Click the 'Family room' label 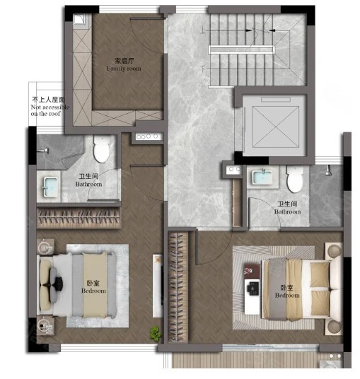click(124, 69)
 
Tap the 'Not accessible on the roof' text click(50, 110)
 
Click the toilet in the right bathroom click(294, 179)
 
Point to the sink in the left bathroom click(50, 187)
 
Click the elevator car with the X click(275, 127)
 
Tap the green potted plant click(156, 334)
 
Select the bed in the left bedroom click(77, 285)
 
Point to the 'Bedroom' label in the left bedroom click(93, 291)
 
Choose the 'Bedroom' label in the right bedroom click(287, 296)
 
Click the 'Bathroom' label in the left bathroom click(88, 184)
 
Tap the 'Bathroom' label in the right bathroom click(287, 212)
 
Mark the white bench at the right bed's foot click(252, 296)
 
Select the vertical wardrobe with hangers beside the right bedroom click(178, 286)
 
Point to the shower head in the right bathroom click(328, 170)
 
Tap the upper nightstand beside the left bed click(45, 247)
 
